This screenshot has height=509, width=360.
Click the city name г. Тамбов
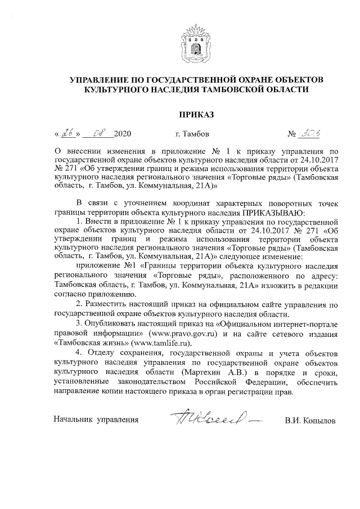pyautogui.click(x=192, y=134)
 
